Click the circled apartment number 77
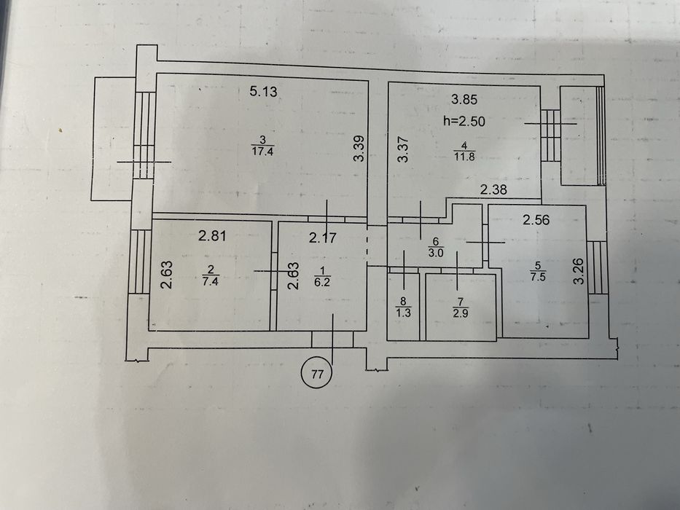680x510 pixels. (x=317, y=375)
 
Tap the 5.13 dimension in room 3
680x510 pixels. (x=264, y=92)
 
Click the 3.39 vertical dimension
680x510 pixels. (x=357, y=151)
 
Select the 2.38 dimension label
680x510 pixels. (x=493, y=191)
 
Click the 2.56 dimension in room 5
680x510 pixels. (x=535, y=219)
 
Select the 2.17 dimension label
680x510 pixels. (x=322, y=238)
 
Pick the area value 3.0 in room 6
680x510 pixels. (x=434, y=253)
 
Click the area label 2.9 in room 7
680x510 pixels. (x=459, y=313)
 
